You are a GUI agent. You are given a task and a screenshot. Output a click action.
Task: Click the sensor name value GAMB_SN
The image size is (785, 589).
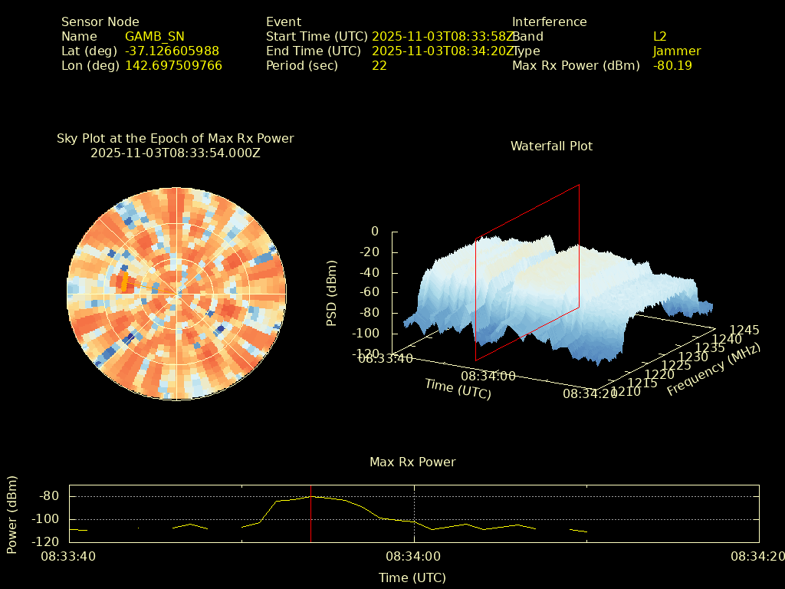click(154, 36)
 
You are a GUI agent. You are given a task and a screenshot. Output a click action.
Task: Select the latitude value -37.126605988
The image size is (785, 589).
click(172, 51)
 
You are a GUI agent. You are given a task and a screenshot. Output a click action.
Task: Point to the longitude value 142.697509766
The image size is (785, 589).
click(173, 65)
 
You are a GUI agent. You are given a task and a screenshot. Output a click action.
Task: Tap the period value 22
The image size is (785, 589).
click(379, 65)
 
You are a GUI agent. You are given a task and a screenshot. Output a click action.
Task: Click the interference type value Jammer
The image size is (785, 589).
click(677, 51)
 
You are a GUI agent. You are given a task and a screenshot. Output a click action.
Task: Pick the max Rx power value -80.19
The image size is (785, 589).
click(672, 65)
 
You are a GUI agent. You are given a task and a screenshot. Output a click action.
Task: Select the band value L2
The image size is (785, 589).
click(659, 36)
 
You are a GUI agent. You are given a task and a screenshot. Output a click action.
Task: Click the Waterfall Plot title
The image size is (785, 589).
click(551, 146)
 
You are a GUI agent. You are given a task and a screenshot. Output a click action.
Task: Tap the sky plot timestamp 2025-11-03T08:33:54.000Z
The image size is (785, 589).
click(176, 153)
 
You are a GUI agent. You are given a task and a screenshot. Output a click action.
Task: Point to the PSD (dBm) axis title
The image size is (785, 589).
click(332, 292)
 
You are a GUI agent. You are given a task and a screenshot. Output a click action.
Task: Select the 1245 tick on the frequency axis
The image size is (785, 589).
click(745, 330)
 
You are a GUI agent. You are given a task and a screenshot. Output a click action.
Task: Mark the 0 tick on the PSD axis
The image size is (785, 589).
click(374, 231)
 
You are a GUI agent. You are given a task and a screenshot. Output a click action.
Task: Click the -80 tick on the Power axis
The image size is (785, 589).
click(49, 496)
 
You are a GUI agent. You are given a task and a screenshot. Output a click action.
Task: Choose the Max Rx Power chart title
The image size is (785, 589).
click(412, 462)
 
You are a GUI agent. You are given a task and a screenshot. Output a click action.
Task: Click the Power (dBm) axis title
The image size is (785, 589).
click(12, 514)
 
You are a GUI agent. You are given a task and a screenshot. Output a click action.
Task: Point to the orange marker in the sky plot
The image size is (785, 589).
click(123, 281)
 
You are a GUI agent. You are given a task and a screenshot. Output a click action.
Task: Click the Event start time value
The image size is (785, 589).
click(442, 36)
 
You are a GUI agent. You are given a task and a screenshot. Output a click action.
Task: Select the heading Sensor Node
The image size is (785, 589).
click(100, 21)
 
